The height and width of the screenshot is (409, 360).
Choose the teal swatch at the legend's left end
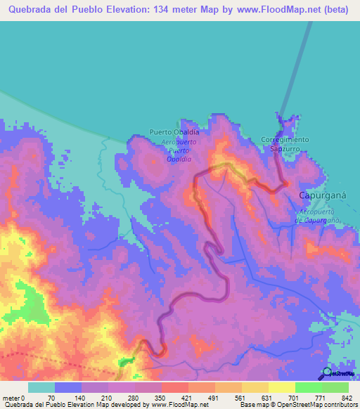[41, 388]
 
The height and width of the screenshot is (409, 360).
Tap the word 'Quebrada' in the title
[32, 11]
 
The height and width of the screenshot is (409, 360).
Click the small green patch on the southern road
[127, 361]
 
